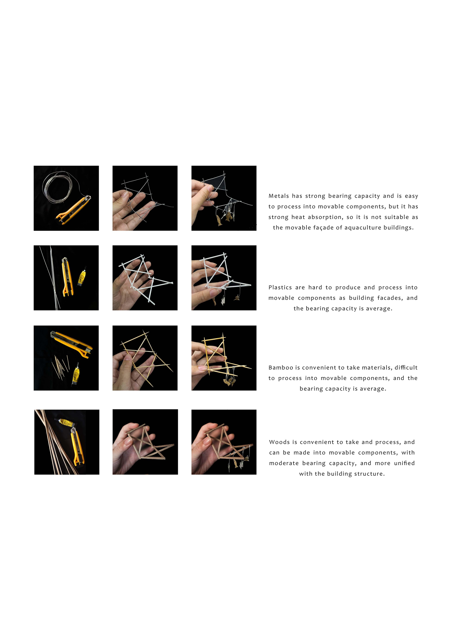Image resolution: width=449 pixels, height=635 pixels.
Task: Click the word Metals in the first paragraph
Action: pyautogui.click(x=279, y=196)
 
